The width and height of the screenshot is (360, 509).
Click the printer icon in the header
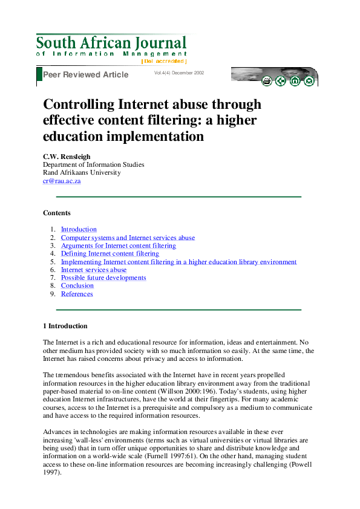tap(266, 81)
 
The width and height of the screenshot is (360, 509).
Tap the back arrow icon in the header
tap(281, 81)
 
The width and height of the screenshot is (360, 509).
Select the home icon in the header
tap(295, 81)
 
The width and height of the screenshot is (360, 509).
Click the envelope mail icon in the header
tap(309, 81)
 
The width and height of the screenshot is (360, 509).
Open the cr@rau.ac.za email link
tap(62, 181)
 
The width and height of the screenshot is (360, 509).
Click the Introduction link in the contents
tap(79, 230)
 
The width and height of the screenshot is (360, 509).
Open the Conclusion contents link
tap(77, 286)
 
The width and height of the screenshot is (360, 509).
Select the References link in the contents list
tap(77, 294)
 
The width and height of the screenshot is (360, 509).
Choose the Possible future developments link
tap(103, 278)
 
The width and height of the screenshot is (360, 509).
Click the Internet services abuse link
tap(94, 270)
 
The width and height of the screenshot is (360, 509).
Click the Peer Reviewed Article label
tap(86, 74)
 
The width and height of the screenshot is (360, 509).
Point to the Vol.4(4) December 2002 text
tap(179, 73)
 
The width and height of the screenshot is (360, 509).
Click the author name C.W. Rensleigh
tap(67, 156)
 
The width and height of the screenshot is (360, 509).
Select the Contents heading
tap(57, 213)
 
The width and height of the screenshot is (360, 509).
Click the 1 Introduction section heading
tap(65, 326)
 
